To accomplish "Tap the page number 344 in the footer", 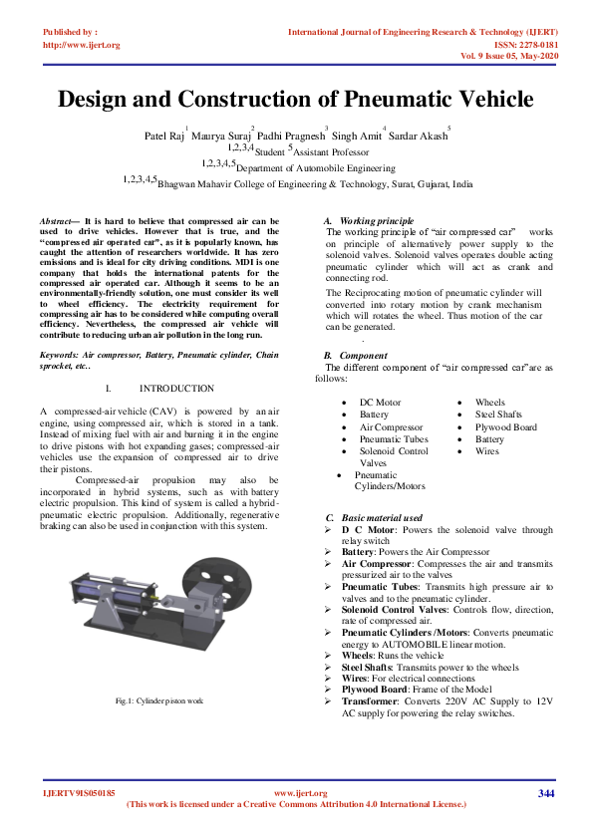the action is (545, 793).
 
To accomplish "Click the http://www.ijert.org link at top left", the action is (82, 45).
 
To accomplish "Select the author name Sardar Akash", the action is (424, 135).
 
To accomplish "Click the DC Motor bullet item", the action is (380, 403).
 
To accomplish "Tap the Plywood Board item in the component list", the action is (505, 426).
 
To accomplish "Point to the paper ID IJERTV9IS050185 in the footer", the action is (80, 793).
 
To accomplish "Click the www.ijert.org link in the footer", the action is (300, 793).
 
